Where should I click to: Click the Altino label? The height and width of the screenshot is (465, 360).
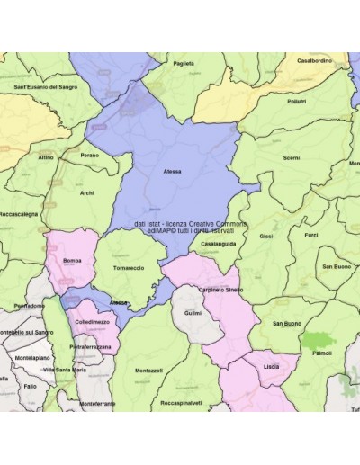click(46, 157)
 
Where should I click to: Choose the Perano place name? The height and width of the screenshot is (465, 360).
click(89, 155)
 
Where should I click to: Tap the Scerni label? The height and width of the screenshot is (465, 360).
click(291, 157)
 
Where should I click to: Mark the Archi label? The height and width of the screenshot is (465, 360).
click(86, 192)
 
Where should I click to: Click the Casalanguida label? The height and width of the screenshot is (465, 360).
click(219, 244)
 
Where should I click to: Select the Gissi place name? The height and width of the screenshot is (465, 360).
click(265, 236)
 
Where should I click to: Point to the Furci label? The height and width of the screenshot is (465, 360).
click(310, 236)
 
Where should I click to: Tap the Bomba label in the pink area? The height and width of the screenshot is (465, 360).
click(73, 261)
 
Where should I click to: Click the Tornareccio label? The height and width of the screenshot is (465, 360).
click(129, 268)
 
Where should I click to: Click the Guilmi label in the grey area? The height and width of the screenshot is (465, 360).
click(193, 312)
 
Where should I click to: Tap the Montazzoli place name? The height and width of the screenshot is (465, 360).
click(148, 371)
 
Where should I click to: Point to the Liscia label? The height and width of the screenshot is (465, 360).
click(271, 367)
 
